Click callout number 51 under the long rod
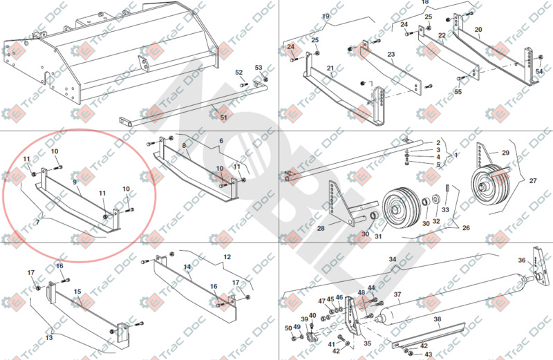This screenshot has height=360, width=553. click(x=223, y=117)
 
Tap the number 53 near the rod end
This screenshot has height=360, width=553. click(x=259, y=68)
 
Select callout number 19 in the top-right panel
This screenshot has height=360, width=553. click(x=326, y=17)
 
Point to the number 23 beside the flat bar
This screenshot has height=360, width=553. click(x=391, y=55)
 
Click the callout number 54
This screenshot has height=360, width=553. click(x=539, y=72)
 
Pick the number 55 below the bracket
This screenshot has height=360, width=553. click(x=458, y=91)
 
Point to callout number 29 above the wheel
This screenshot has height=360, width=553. click(x=505, y=152)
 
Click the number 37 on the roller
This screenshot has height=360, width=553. click(x=397, y=294)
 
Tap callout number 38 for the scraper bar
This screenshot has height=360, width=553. click(x=437, y=319)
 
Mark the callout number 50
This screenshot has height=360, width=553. click(x=288, y=328)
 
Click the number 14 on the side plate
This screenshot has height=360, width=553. click(x=187, y=266)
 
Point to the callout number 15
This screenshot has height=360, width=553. click(x=79, y=292)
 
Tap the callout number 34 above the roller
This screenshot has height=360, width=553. click(x=392, y=259)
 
